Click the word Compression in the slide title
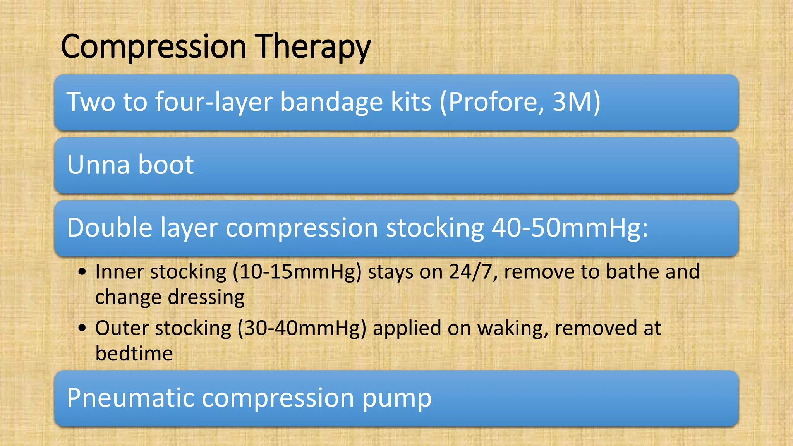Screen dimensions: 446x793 point(154,47)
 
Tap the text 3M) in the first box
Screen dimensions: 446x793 point(577,102)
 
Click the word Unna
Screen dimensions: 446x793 point(98,165)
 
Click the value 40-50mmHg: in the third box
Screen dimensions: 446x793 point(570,228)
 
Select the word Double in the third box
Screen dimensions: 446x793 point(110,228)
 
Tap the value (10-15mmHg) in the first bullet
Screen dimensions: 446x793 point(297,272)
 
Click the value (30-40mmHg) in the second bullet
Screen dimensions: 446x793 point(302,328)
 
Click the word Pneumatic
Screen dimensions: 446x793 point(130,398)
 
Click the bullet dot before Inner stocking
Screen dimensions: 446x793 point(82,272)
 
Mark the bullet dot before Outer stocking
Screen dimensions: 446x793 point(82,328)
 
